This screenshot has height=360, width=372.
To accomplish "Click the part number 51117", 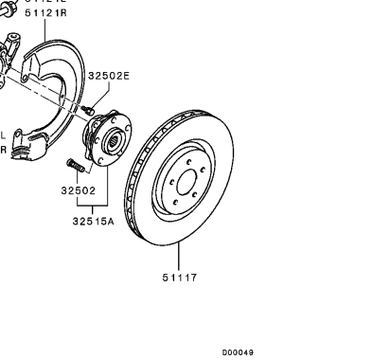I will tap(179, 278).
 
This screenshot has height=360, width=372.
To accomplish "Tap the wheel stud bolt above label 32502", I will tap(76, 167).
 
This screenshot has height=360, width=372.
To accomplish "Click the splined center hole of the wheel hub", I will tap(112, 144).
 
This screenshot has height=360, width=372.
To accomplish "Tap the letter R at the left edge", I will tap(3, 149).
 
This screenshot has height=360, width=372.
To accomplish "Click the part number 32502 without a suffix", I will tap(80, 189).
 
